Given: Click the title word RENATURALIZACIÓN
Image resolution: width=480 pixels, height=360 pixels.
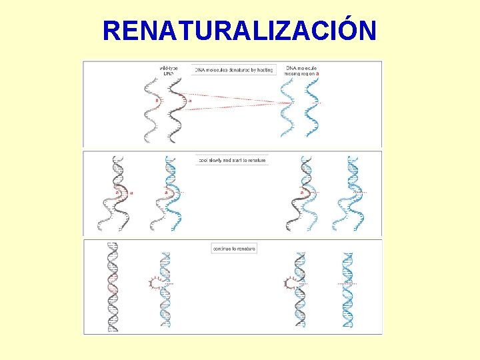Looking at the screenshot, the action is coord(239,31).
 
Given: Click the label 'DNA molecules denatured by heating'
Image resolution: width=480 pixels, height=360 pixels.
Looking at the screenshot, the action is coord(234,69).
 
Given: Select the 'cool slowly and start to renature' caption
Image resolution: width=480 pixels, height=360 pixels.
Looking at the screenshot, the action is coord(232,160).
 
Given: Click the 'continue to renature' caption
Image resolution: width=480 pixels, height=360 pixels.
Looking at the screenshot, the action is coord(233,248).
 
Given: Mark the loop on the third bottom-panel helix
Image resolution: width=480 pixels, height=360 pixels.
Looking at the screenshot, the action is coord(290,283).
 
